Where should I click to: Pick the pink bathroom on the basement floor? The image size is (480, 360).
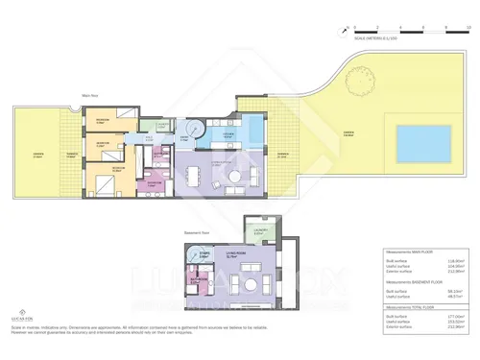199,282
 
